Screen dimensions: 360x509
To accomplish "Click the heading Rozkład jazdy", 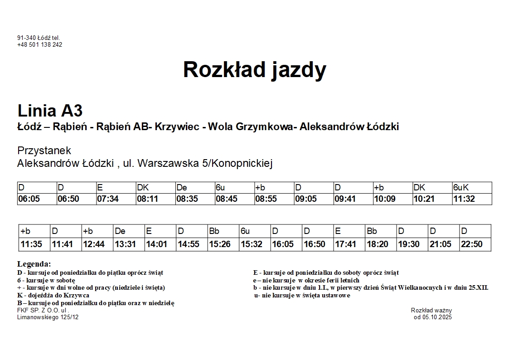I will point(254,70).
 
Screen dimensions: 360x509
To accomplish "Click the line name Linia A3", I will point(50,111).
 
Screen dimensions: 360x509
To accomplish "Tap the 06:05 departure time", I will point(29,199).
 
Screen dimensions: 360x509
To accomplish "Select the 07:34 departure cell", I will point(108,199).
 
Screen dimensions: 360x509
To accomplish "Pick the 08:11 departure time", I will point(147,199).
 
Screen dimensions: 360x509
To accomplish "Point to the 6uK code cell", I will point(461,188).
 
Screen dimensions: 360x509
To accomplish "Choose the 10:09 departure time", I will point(385,199).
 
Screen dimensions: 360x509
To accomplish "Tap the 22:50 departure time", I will point(471,244).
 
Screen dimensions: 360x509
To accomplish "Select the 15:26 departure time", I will point(220,244).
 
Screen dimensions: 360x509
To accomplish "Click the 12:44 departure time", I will point(94,244).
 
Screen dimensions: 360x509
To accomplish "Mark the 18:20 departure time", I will point(378,244).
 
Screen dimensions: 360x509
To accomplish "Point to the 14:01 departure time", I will point(156,244).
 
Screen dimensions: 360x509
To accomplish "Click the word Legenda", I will point(34,264).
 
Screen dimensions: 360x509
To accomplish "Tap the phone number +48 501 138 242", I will point(40,45).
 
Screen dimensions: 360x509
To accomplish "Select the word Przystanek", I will point(44,151).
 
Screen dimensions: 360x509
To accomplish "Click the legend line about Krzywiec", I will point(53,296).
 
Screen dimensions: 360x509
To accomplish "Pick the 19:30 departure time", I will point(409,244).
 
